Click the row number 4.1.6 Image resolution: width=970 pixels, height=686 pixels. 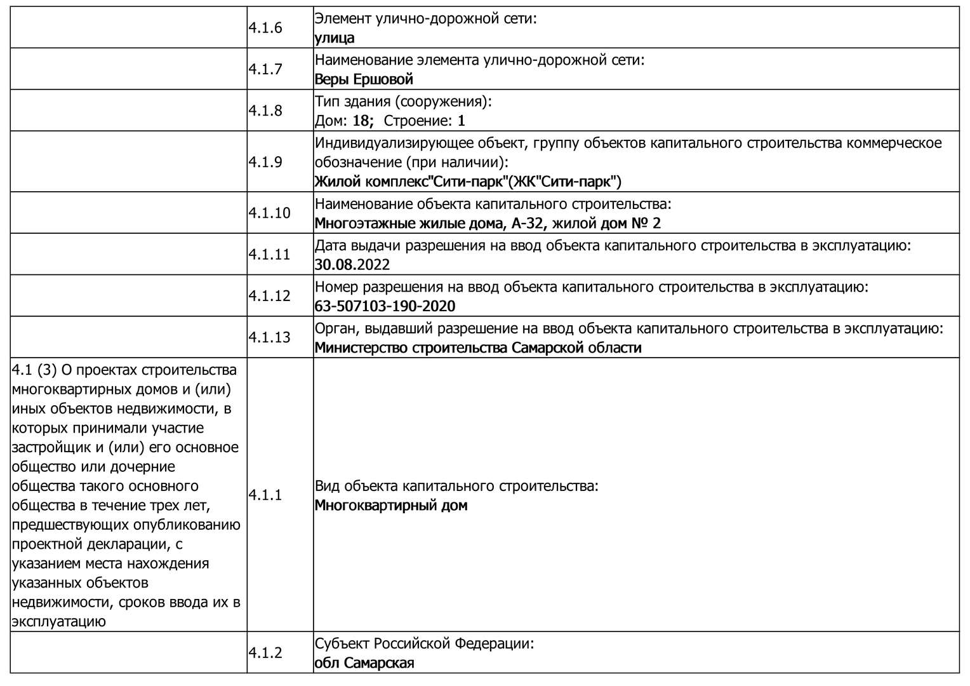click(x=265, y=28)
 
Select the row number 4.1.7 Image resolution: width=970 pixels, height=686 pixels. click(x=265, y=69)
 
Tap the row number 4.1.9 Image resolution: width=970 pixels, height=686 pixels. click(x=265, y=162)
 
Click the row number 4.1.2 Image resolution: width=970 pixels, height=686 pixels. click(x=265, y=653)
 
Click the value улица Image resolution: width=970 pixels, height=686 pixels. click(x=335, y=38)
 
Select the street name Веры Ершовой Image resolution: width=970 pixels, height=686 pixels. click(x=364, y=79)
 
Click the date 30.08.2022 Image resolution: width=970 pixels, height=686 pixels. click(x=352, y=265)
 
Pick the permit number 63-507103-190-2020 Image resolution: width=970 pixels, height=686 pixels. click(x=385, y=306)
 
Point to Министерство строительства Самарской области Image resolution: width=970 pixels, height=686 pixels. click(x=478, y=348)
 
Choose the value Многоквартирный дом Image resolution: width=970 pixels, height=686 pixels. click(x=391, y=506)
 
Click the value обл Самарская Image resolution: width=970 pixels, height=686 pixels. click(x=364, y=663)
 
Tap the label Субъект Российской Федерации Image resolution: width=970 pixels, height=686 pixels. click(x=424, y=643)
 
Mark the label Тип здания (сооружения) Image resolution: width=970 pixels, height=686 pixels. click(x=403, y=102)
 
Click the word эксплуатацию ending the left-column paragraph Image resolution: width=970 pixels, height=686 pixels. click(x=58, y=621)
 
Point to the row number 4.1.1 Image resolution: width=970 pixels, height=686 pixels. click(x=265, y=495)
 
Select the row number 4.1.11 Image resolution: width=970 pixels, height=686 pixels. click(x=269, y=255)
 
